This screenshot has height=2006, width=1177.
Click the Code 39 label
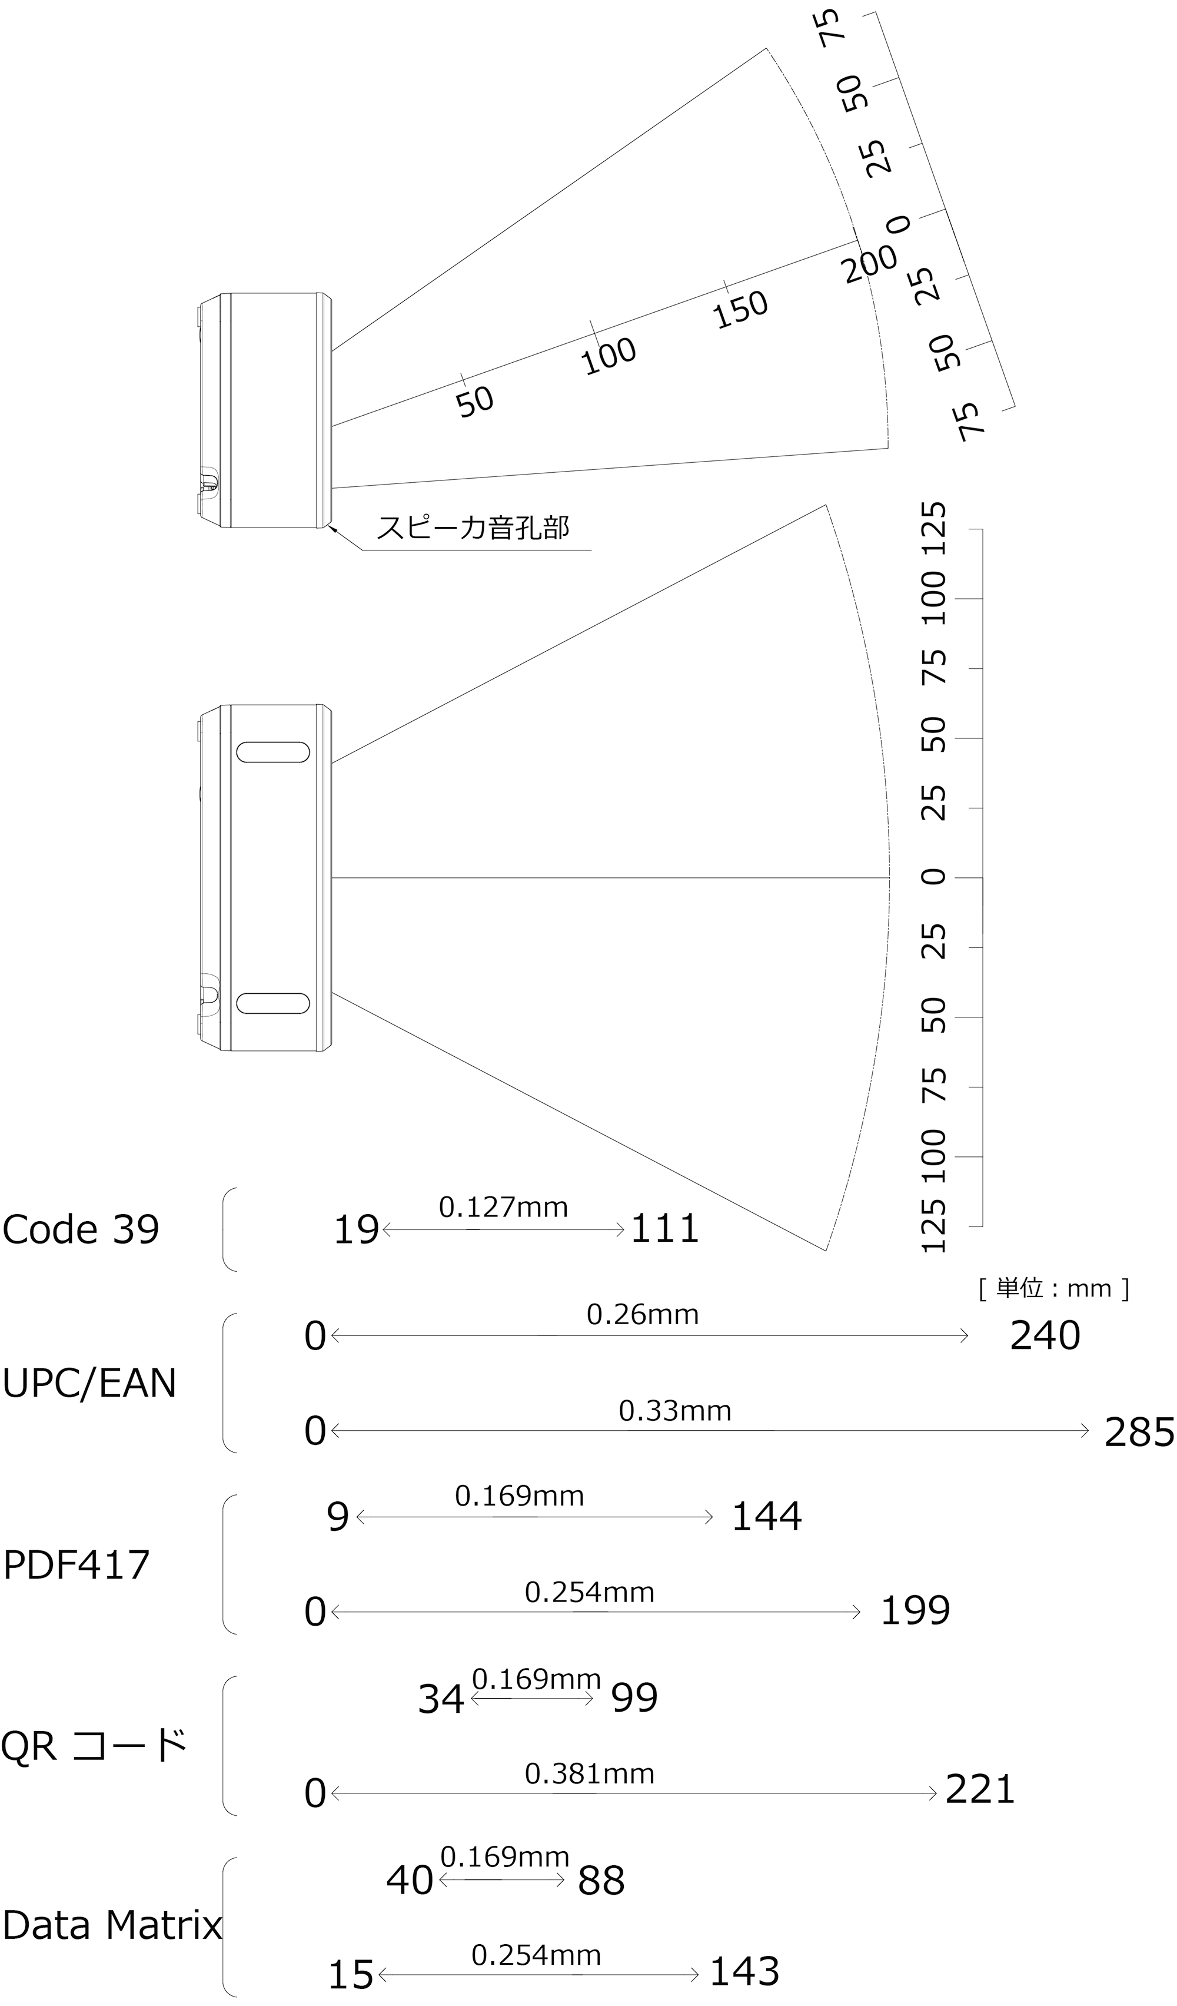click(81, 1230)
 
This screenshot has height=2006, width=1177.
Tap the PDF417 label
click(77, 1565)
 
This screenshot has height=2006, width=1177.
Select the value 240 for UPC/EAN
click(1045, 1336)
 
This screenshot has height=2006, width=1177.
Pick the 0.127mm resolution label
click(503, 1208)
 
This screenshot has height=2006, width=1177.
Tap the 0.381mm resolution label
click(589, 1775)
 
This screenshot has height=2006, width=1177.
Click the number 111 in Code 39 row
click(664, 1229)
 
